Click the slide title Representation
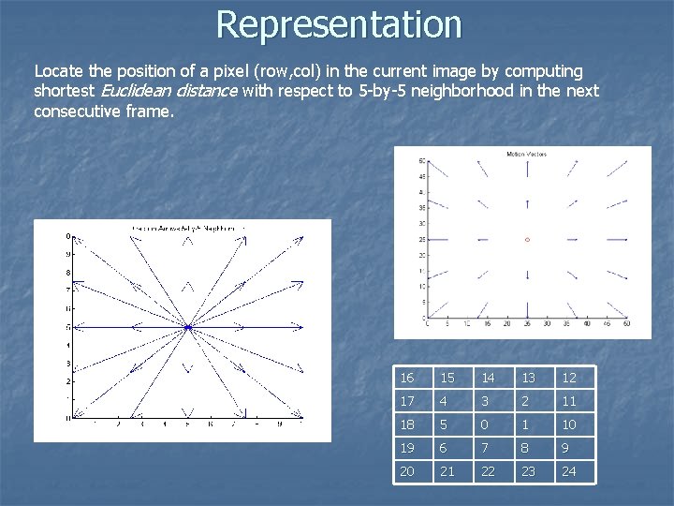[x=338, y=24]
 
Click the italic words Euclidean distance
[x=170, y=91]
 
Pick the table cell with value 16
[x=413, y=378]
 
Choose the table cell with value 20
[x=413, y=471]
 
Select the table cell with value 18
[x=413, y=424]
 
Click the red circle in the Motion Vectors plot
[x=527, y=240]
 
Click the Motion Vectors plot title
[x=526, y=154]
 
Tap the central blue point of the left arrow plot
[x=187, y=327]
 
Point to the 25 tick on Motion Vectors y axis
[x=421, y=240]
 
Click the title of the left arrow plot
[x=183, y=228]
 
